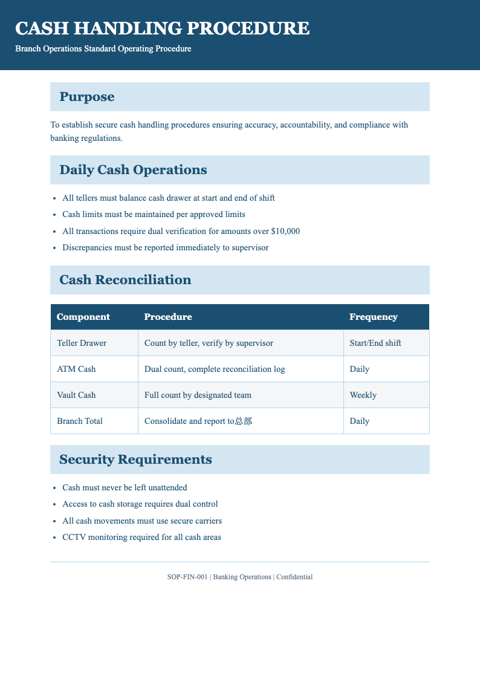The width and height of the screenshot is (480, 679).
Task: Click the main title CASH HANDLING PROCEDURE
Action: [162, 28]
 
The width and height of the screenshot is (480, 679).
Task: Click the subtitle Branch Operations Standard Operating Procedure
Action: [103, 48]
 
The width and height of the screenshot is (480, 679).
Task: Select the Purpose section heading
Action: [87, 97]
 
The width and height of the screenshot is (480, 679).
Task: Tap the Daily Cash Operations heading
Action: [133, 170]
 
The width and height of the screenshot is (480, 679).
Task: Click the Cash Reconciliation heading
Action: [125, 280]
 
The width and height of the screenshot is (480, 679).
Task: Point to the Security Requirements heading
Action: [135, 460]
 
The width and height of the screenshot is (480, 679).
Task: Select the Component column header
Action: [83, 317]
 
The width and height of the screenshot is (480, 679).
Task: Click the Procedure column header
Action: [168, 317]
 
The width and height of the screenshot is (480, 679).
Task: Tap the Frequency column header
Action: [374, 317]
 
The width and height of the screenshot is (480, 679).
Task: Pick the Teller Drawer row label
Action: [82, 343]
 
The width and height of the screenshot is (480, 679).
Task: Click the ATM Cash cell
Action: [76, 369]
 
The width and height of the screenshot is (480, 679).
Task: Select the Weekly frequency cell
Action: [363, 395]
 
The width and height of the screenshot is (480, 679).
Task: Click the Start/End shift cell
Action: [375, 343]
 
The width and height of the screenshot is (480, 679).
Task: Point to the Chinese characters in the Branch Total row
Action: [243, 421]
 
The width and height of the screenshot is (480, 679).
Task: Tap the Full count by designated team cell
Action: [198, 395]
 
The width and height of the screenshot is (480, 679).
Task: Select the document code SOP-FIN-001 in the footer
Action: [187, 577]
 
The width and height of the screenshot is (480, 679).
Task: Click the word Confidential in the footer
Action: [294, 577]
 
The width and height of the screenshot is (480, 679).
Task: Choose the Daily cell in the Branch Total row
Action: [359, 421]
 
